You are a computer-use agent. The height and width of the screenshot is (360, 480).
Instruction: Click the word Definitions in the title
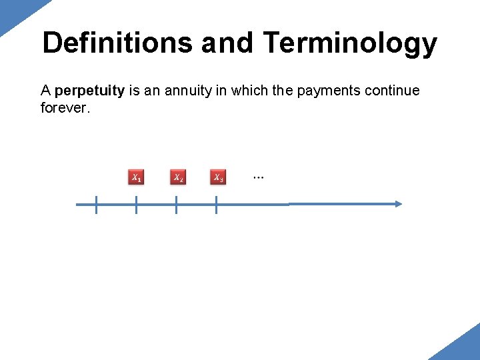pyautogui.click(x=117, y=43)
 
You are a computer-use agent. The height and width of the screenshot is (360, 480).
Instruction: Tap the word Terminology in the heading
pyautogui.click(x=350, y=43)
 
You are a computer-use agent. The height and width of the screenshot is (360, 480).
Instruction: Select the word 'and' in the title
pyautogui.click(x=227, y=43)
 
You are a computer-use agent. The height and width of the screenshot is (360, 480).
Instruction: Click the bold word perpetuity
pyautogui.click(x=90, y=91)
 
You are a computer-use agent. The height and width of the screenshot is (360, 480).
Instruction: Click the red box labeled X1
pyautogui.click(x=136, y=177)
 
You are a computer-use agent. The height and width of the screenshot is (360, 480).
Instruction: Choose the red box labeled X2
pyautogui.click(x=178, y=177)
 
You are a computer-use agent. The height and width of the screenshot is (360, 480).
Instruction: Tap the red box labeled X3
pyautogui.click(x=218, y=177)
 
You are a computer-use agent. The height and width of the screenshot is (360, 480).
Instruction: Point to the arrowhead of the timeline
pyautogui.click(x=399, y=204)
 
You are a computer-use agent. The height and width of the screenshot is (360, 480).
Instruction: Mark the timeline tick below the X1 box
pyautogui.click(x=136, y=205)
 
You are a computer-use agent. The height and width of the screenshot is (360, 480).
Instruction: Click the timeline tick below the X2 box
pyautogui.click(x=176, y=205)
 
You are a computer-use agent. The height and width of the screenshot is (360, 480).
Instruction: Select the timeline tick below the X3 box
pyautogui.click(x=217, y=205)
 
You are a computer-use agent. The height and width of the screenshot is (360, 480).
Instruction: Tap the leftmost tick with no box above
pyautogui.click(x=96, y=205)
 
